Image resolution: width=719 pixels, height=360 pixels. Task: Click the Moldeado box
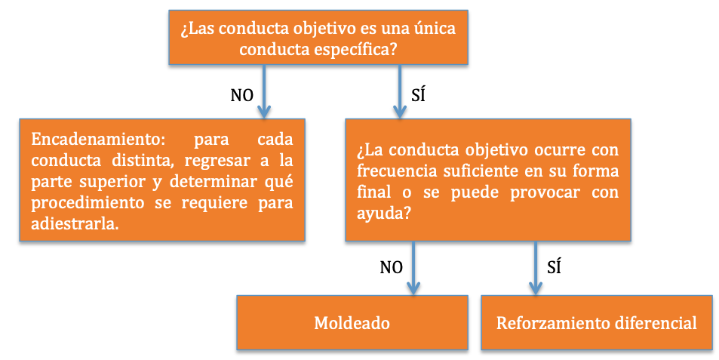(x=352, y=322)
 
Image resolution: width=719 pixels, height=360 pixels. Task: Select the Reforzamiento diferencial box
(x=597, y=322)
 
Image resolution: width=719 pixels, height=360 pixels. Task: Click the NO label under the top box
(x=241, y=95)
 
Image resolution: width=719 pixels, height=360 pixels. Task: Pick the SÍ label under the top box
(x=418, y=95)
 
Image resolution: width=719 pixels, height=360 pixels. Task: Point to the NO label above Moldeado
(x=391, y=267)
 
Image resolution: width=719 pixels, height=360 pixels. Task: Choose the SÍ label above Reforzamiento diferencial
(x=554, y=267)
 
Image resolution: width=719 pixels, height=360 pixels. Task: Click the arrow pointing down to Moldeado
(x=413, y=268)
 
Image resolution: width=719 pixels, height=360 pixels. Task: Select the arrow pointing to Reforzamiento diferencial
(x=535, y=268)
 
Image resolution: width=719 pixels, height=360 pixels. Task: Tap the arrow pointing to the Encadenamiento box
(x=263, y=91)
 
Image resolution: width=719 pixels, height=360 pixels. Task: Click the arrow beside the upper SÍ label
(x=400, y=91)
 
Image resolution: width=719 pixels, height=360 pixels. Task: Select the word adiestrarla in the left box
(x=75, y=224)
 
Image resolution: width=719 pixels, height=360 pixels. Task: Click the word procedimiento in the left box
(x=88, y=203)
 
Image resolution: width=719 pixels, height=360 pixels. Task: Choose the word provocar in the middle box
(x=545, y=192)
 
